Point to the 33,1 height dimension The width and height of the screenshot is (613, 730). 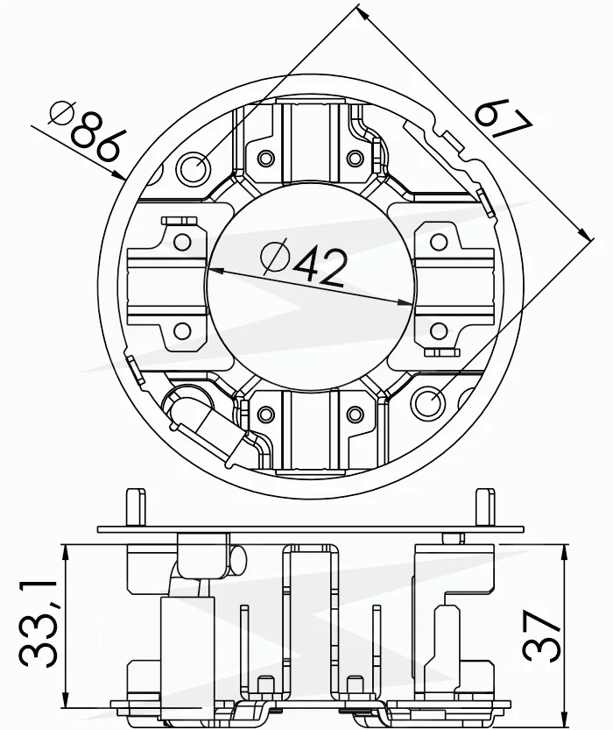tap(39, 625)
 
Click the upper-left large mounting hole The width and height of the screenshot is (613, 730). tap(193, 168)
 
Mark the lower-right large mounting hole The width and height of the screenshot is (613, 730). tap(429, 401)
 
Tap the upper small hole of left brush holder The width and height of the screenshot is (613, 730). tap(182, 242)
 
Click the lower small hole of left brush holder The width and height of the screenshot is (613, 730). tap(182, 331)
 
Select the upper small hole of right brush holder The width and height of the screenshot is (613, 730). tap(438, 242)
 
